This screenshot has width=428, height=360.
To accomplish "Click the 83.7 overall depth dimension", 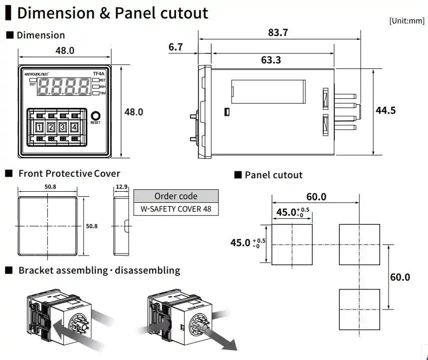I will (x=278, y=33).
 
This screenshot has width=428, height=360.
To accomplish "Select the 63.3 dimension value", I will (x=271, y=60).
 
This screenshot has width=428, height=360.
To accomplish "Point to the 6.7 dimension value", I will (x=176, y=47).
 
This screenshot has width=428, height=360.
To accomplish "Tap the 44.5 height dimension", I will (x=386, y=110).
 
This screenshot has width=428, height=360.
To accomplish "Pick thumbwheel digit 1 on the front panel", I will (x=39, y=127).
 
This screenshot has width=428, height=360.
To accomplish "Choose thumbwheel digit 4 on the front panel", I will (x=74, y=127).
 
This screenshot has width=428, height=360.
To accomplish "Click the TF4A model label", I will (x=98, y=74).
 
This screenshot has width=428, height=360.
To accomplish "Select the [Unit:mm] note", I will (x=407, y=20).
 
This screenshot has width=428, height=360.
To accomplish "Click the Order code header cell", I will (x=176, y=196).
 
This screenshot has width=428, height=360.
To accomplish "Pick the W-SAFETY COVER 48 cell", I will (x=176, y=209).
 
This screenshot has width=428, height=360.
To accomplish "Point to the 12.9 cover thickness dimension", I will (x=122, y=187).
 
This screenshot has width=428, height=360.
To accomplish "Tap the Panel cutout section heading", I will (x=273, y=175).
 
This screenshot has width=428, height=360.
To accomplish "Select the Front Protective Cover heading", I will (x=69, y=174).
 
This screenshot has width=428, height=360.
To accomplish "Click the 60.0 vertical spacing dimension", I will (x=400, y=277).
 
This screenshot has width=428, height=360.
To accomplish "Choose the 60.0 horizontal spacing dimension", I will (x=315, y=197).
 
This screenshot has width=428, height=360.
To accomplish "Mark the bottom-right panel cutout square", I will (x=359, y=309).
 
